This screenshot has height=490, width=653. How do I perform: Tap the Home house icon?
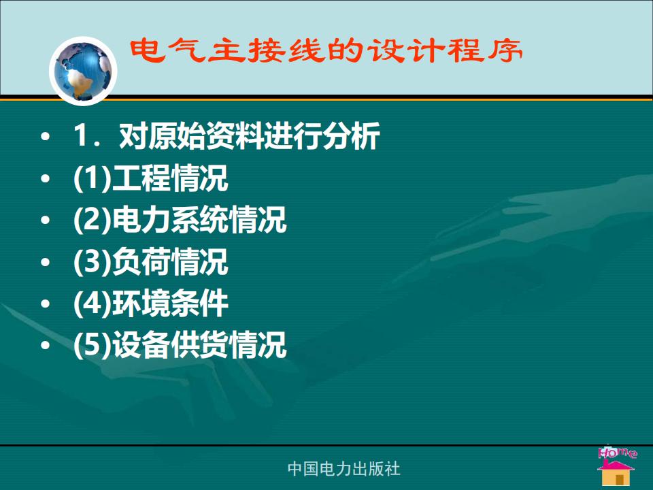point(616,472)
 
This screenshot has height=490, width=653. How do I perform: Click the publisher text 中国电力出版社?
point(344,469)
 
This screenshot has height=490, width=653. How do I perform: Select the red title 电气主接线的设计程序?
point(326,50)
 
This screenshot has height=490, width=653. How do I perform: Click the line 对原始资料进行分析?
point(249,136)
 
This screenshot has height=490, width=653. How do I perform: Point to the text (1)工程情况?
point(150,178)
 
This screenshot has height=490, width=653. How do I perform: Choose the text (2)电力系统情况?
point(180,220)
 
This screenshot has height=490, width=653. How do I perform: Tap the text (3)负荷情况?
point(150,261)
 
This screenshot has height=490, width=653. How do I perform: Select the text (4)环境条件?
point(150,303)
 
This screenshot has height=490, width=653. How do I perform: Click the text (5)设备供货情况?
point(180,344)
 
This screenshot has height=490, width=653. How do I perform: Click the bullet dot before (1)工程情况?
point(46,178)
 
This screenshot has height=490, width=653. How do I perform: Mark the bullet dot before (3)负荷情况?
point(46,261)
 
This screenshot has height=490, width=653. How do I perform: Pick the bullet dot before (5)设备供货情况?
point(46,345)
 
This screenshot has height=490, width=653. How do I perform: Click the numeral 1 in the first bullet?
point(80,135)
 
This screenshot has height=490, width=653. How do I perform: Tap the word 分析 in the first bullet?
point(351,136)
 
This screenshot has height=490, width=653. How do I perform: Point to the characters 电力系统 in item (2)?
point(170,220)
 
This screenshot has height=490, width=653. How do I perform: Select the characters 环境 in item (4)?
point(141,303)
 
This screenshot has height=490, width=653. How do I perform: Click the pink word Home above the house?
point(617,452)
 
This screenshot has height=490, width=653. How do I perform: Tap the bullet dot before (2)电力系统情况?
point(46,220)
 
